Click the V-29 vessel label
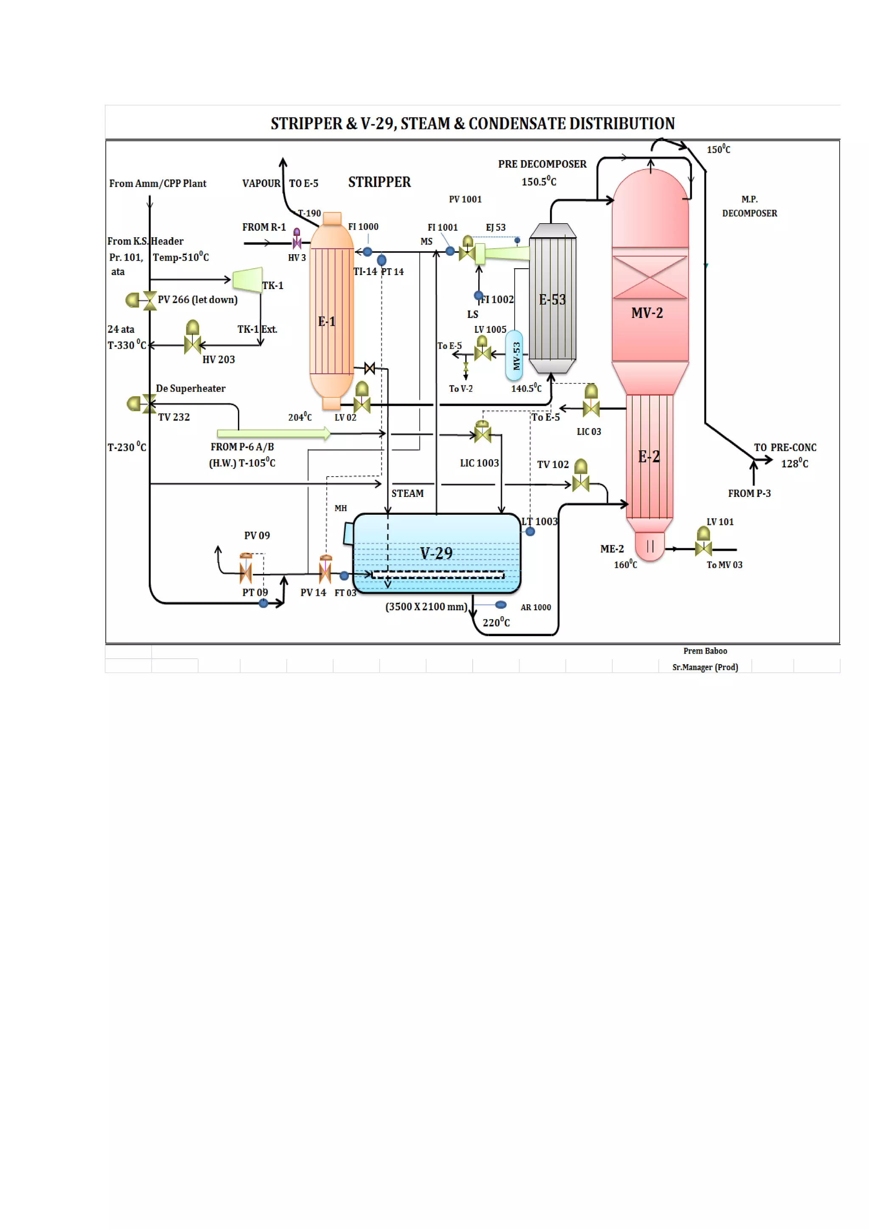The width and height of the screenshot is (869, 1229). (436, 553)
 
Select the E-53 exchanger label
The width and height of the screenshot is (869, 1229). (552, 300)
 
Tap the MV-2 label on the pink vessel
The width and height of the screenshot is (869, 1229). (647, 313)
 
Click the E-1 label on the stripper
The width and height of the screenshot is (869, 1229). (326, 321)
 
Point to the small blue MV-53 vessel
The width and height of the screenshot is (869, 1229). (514, 356)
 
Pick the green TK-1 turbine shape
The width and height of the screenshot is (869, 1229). (248, 279)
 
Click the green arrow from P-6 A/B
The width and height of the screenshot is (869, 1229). (273, 433)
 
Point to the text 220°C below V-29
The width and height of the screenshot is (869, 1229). (496, 622)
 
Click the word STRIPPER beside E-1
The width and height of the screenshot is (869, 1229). (379, 182)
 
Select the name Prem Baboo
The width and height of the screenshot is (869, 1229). (705, 651)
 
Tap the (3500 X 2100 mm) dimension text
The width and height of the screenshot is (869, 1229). (426, 606)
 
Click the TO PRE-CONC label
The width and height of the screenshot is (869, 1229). (785, 447)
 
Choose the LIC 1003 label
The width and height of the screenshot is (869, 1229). (479, 463)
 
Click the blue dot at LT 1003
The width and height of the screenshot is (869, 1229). (530, 531)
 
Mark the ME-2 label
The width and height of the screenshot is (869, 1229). (611, 549)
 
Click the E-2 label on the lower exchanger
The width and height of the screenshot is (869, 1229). (648, 457)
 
